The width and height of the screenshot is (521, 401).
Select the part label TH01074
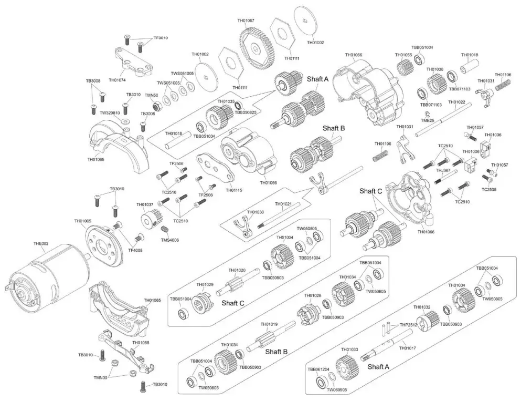[x=119, y=80]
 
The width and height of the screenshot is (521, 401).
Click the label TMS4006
[x=170, y=240]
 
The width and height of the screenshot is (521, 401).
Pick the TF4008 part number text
[x=135, y=250]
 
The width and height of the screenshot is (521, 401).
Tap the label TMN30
[x=100, y=377]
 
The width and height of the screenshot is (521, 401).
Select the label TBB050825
[x=246, y=112]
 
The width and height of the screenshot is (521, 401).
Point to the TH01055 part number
[x=403, y=55]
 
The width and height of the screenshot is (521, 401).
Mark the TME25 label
[x=428, y=120]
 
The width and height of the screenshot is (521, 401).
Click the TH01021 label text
[x=283, y=203]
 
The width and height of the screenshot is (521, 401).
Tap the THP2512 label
[x=408, y=325]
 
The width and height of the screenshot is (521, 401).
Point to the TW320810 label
[x=110, y=112]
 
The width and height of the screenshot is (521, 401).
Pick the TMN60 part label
[x=152, y=95]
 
